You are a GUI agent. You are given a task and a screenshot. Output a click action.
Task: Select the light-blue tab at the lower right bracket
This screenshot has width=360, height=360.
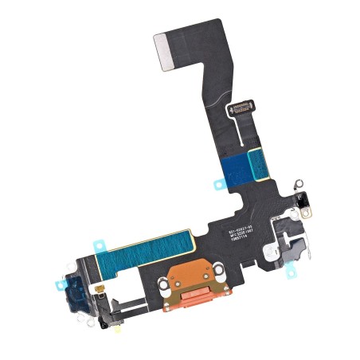(x=292, y=272)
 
